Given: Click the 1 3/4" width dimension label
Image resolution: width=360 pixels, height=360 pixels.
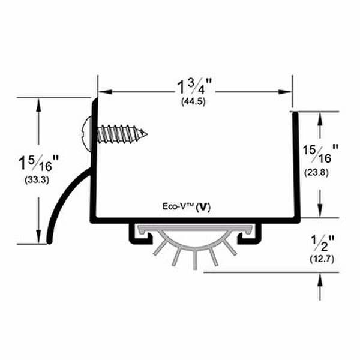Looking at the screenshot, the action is (194, 87).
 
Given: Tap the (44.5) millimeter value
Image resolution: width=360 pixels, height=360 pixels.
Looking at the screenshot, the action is (193, 101).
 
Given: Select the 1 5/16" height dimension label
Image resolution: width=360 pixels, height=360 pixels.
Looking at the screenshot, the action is (38, 163).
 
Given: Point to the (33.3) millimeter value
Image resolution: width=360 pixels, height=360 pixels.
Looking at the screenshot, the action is (37, 180).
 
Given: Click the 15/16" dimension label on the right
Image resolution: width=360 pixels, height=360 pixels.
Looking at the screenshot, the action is (320, 154).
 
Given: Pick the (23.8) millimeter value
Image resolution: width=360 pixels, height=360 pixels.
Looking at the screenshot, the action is (316, 172).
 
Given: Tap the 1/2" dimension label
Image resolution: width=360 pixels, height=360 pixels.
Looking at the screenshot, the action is (322, 244).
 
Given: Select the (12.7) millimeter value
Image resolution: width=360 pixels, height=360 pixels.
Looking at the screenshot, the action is (322, 259).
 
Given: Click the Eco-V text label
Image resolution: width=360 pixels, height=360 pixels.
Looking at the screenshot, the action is (178, 206).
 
